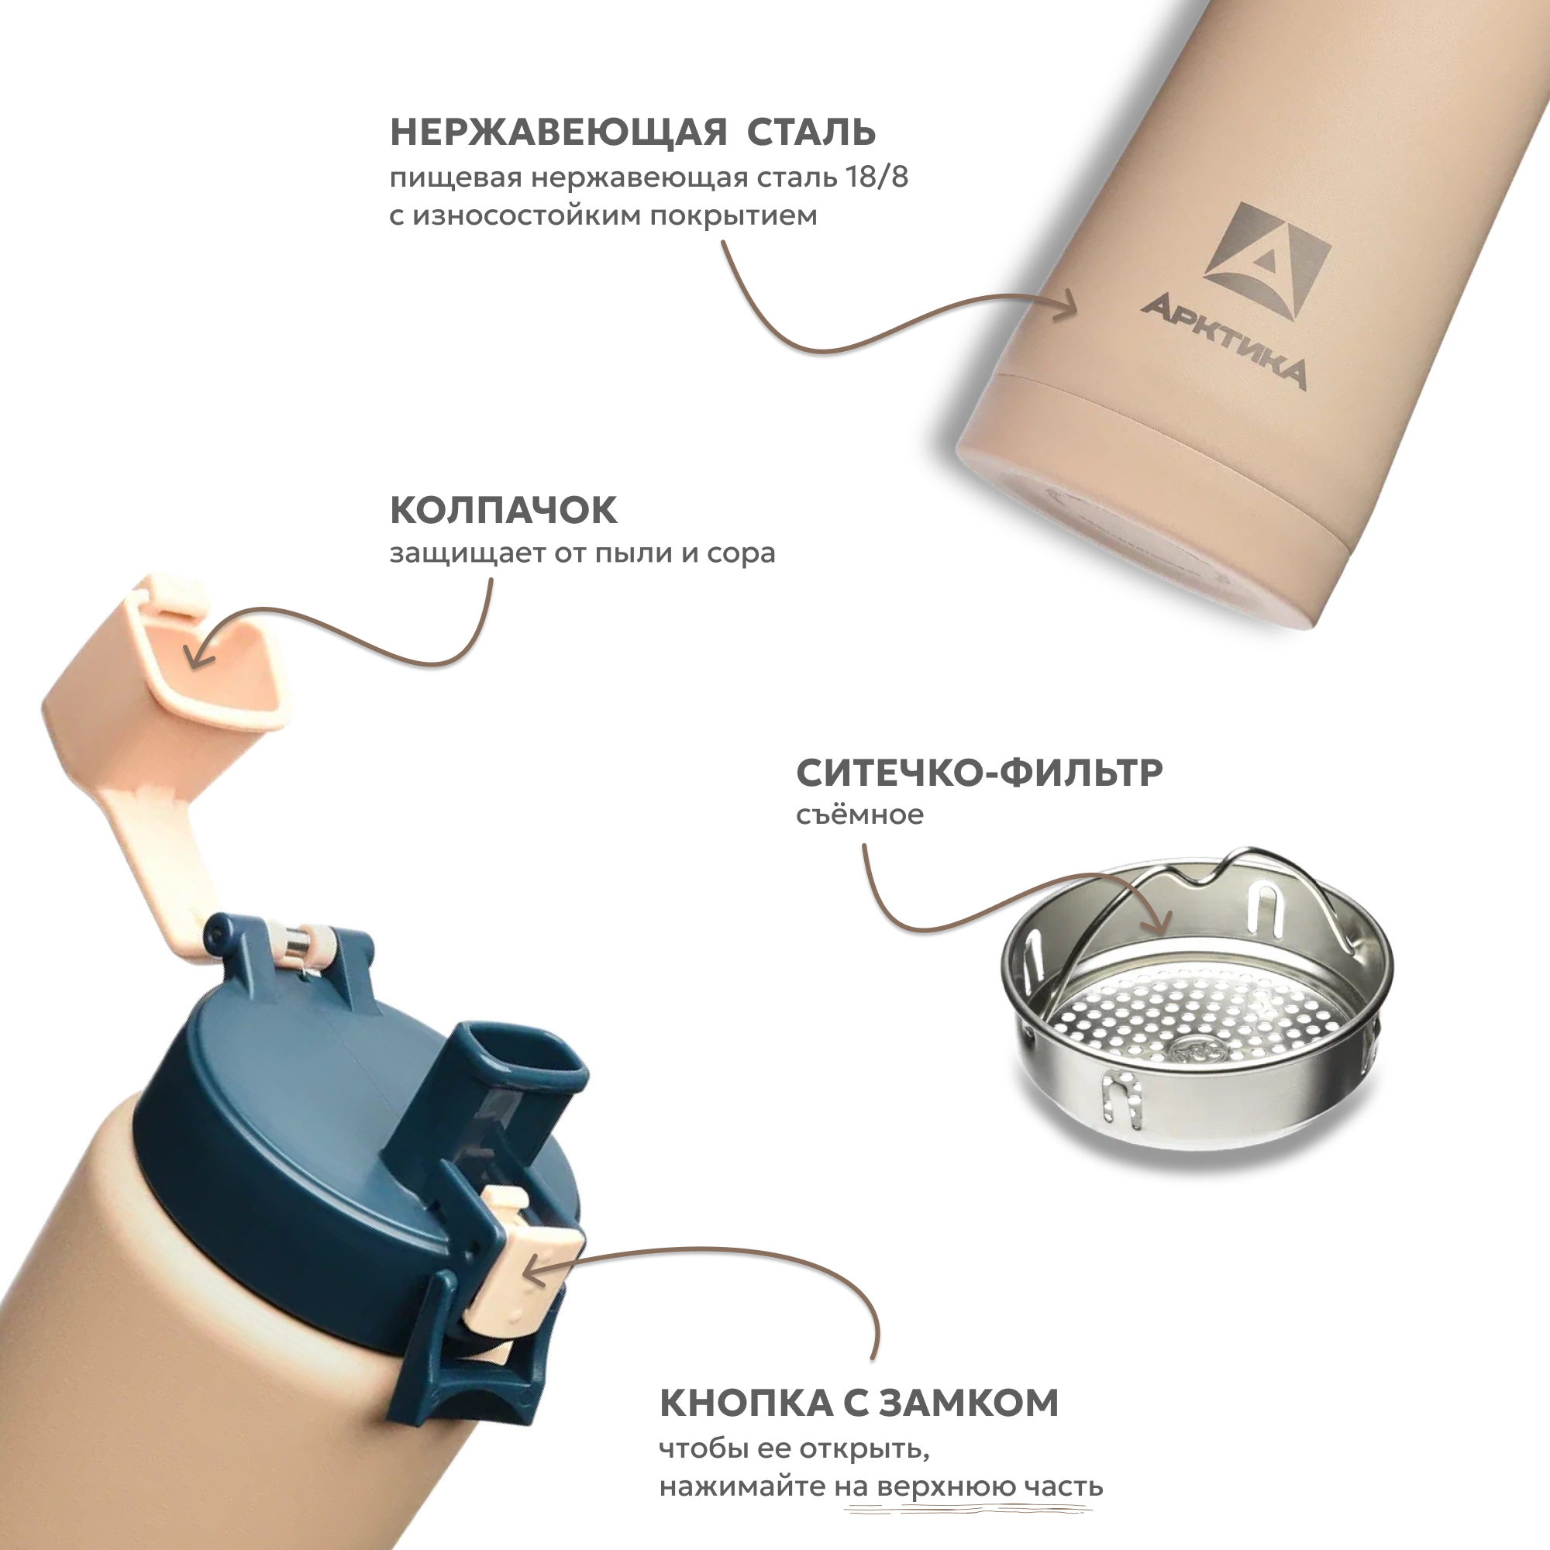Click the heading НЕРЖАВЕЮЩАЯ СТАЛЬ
(632, 133)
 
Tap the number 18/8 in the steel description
(877, 177)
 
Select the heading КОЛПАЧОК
(504, 510)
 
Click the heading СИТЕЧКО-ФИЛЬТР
(979, 773)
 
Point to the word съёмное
(859, 815)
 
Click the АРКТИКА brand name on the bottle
(1224, 340)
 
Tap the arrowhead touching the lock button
(533, 1269)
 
